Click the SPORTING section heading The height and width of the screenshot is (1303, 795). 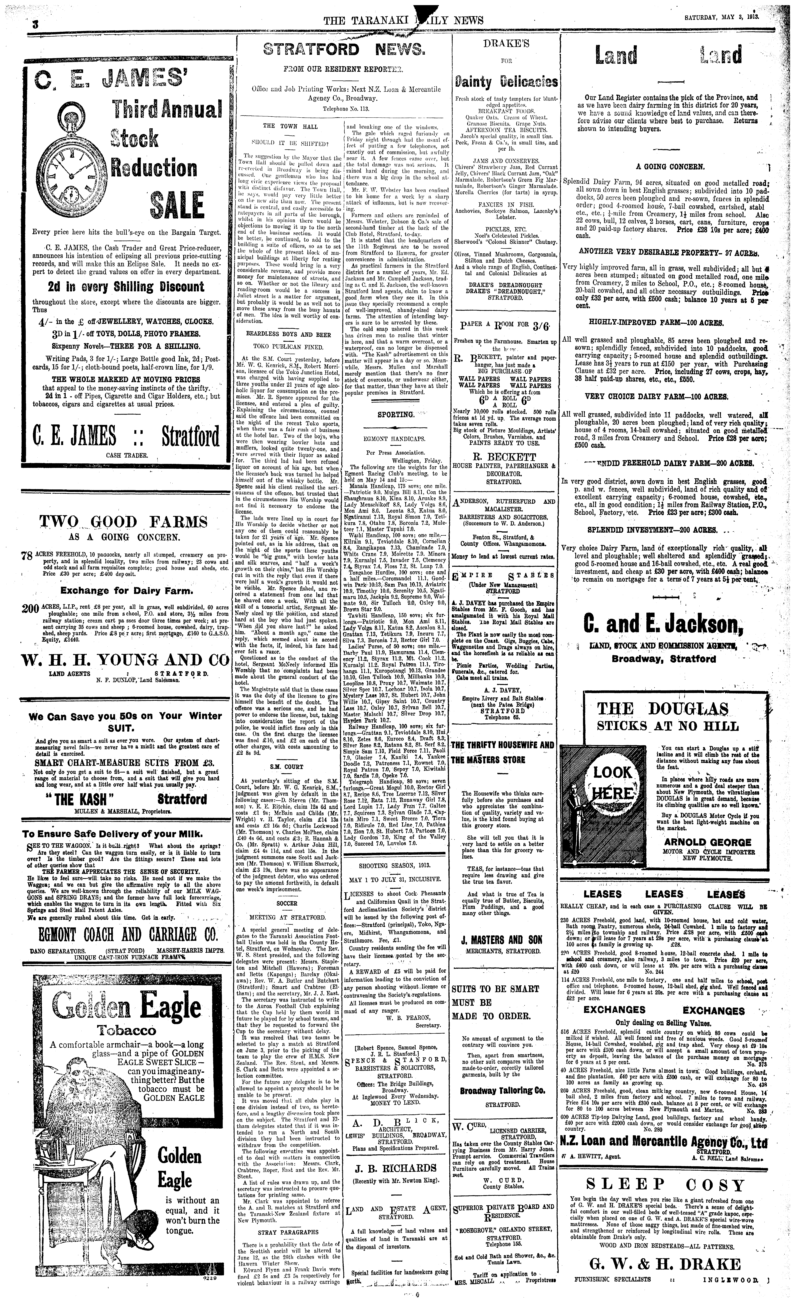(x=395, y=415)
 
